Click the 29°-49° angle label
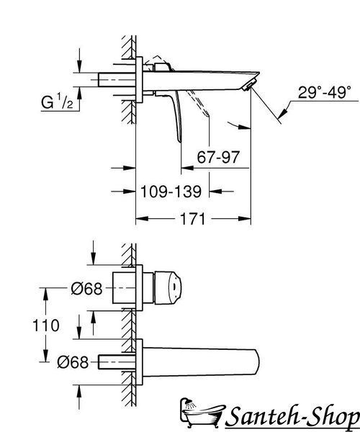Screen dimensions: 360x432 pyautogui.click(x=324, y=92)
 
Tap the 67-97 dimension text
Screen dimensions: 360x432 pyautogui.click(x=218, y=157)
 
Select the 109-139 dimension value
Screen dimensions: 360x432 pyautogui.click(x=171, y=192)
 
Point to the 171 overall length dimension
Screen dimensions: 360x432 pyautogui.click(x=192, y=219)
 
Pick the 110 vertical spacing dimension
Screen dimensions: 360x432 pyautogui.click(x=46, y=325)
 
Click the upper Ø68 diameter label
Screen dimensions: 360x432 pyautogui.click(x=86, y=289)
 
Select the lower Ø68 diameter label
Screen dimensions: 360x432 pyautogui.click(x=73, y=362)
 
